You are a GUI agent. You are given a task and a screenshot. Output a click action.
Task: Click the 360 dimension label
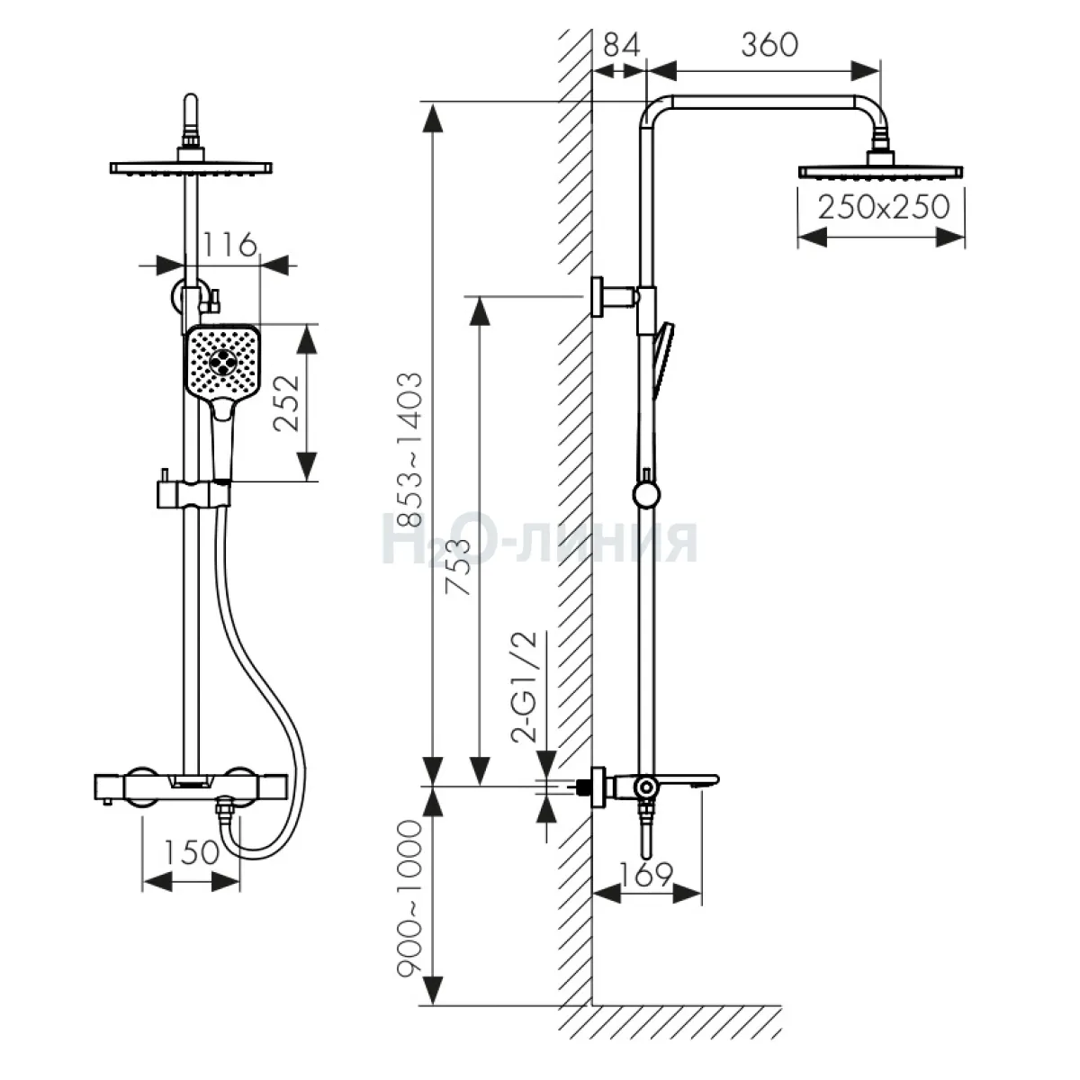click(769, 45)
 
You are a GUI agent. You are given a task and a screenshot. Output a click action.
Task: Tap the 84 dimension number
click(622, 45)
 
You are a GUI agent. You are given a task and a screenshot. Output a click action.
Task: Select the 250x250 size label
click(884, 207)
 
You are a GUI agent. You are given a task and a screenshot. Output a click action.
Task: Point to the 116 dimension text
click(229, 245)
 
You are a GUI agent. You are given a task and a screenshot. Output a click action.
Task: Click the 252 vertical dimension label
click(286, 403)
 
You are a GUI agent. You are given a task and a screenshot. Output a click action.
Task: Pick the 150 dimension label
click(192, 852)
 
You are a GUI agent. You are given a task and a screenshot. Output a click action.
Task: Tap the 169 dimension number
click(646, 874)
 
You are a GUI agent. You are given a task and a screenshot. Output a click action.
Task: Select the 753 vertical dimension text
click(457, 567)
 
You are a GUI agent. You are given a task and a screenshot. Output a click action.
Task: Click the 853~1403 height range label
click(409, 449)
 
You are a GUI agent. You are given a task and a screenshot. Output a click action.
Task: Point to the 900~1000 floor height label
click(409, 899)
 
